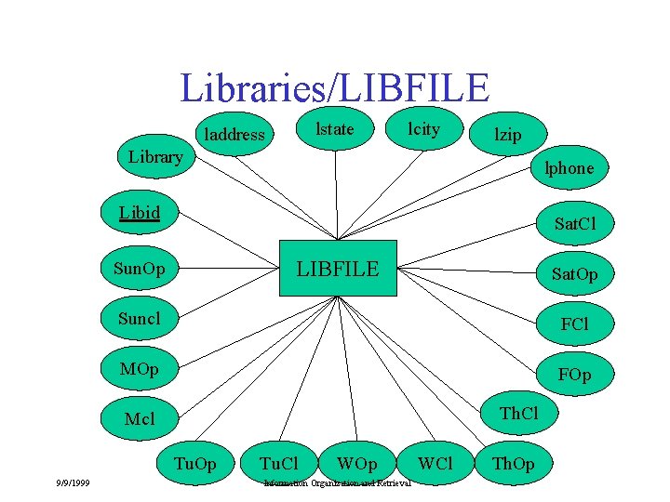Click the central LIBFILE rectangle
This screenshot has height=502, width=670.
coord(338,269)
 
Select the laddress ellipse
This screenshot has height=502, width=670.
coord(234,135)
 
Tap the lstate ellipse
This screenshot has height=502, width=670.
coord(335,128)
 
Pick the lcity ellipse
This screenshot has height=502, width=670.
coord(424,128)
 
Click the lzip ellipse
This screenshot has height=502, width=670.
coord(508,135)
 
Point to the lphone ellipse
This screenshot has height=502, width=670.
coord(569,168)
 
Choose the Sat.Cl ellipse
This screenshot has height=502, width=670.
coord(574,223)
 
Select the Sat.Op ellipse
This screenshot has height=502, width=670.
coord(574,274)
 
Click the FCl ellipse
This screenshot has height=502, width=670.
coord(574,324)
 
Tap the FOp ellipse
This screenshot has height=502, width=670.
coord(574,375)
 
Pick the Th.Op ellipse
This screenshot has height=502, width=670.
coord(513,463)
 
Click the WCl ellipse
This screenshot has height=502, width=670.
coord(435,463)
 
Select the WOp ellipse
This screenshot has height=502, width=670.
coord(357,463)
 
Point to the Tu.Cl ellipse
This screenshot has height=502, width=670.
coord(278,463)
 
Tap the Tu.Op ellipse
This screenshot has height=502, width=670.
coord(195,463)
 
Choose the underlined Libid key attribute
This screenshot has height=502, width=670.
coord(140,213)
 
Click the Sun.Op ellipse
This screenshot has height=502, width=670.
coord(139,270)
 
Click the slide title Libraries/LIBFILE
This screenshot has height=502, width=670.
coord(334,88)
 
